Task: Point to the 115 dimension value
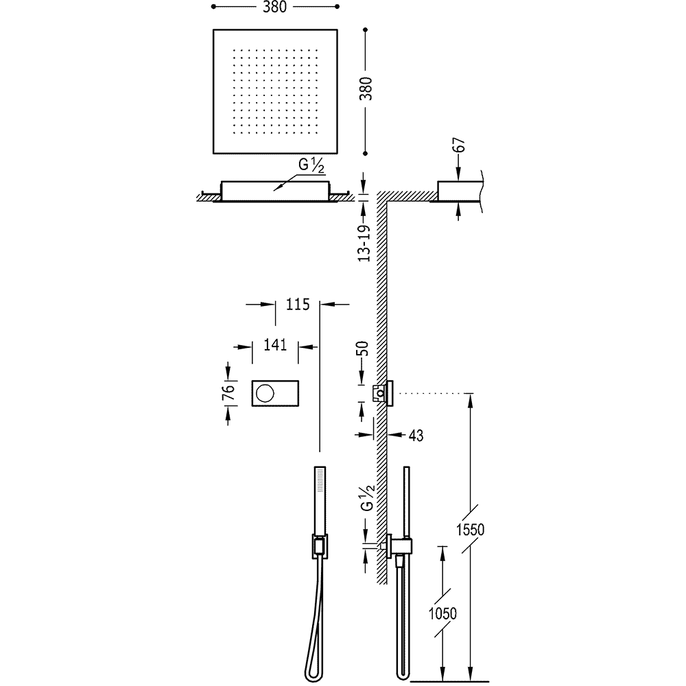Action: point(299,304)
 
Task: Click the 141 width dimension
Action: point(275,345)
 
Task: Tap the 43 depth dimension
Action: point(416,434)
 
